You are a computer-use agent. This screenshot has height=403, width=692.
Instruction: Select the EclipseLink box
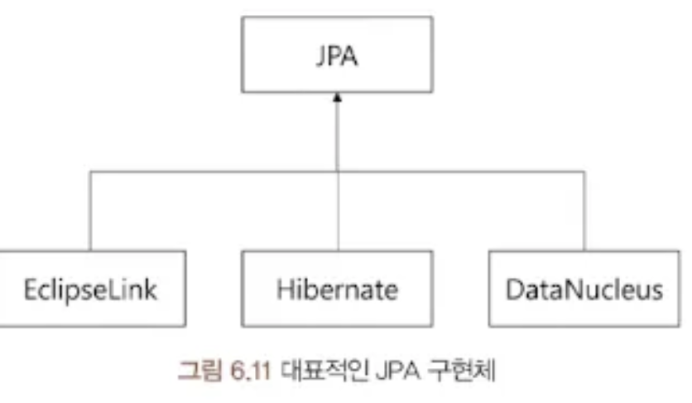pos(89,291)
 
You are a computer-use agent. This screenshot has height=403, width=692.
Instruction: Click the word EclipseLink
pos(89,291)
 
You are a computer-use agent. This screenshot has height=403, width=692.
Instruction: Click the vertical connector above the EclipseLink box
pos(89,211)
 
